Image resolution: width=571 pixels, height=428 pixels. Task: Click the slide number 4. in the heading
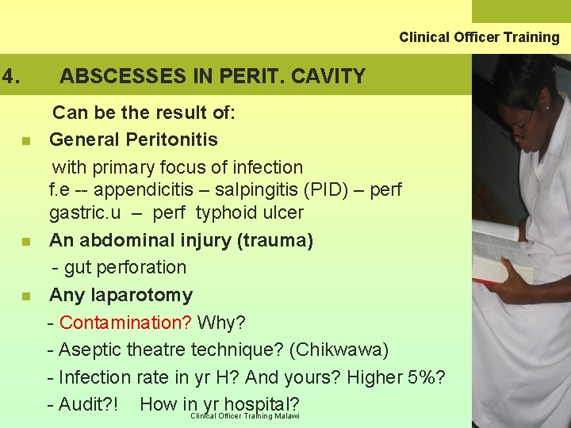(10, 77)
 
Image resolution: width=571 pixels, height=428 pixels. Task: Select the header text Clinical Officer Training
(479, 37)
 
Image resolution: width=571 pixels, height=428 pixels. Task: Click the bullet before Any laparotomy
(26, 297)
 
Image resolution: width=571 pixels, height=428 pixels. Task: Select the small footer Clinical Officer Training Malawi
(245, 416)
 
